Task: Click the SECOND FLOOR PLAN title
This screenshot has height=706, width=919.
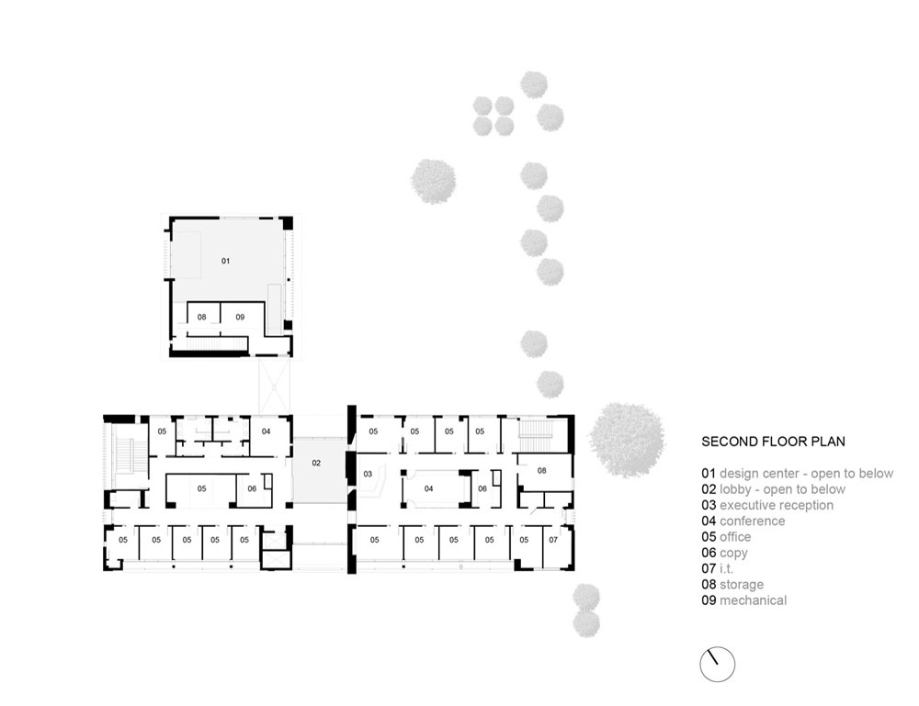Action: [x=773, y=442]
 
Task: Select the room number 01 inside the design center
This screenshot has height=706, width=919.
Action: [x=226, y=261]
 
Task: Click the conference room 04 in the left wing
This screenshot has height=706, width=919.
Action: [x=268, y=433]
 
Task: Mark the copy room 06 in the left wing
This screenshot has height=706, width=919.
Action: [x=255, y=489]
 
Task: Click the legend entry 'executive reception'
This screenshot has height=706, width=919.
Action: [x=776, y=505]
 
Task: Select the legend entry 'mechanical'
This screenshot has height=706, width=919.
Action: [x=754, y=600]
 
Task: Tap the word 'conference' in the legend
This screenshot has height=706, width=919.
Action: [x=752, y=521]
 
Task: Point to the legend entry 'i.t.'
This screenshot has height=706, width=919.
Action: [x=726, y=568]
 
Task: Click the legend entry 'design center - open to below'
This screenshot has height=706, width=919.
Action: [x=807, y=474]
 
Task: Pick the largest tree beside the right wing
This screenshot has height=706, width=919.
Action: [x=627, y=440]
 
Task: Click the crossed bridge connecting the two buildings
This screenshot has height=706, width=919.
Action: [x=274, y=387]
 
